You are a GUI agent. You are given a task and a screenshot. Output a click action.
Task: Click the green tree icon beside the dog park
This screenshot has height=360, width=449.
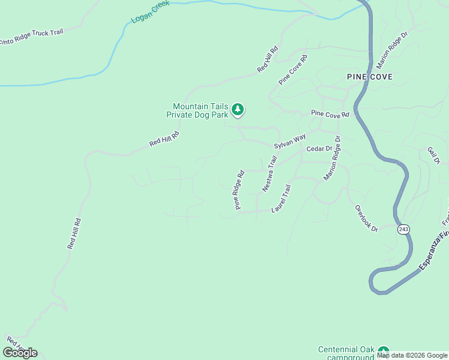click(238, 109)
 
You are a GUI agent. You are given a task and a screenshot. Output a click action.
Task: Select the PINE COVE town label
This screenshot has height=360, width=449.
click(369, 77)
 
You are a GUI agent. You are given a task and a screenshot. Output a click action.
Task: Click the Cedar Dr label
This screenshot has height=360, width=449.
click(319, 148)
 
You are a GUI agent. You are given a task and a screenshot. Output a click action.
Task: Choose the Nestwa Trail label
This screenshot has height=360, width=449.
click(270, 175)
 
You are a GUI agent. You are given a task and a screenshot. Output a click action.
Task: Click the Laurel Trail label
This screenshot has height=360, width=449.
click(282, 199)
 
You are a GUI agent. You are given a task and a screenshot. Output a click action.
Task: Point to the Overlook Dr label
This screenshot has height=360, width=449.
click(366, 218)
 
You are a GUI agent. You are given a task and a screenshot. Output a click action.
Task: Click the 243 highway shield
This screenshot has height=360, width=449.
click(403, 229)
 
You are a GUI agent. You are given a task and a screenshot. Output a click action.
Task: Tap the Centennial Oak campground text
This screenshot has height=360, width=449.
click(346, 353)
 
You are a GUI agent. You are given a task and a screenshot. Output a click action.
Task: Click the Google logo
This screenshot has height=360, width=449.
click(20, 353)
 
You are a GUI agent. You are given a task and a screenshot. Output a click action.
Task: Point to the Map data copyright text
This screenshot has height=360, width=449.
click(412, 355)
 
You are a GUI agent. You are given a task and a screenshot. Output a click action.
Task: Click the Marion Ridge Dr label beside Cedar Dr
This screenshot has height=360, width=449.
click(332, 158)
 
